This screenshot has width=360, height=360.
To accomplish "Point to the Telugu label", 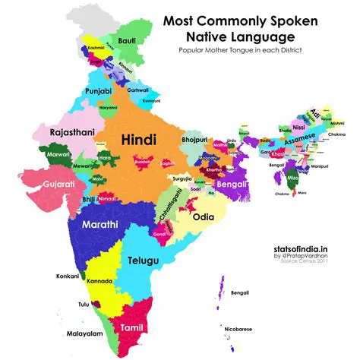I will coord(142,261).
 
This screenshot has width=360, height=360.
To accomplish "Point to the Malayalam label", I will coord(77,332).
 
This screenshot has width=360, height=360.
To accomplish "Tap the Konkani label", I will coord(68,276).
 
